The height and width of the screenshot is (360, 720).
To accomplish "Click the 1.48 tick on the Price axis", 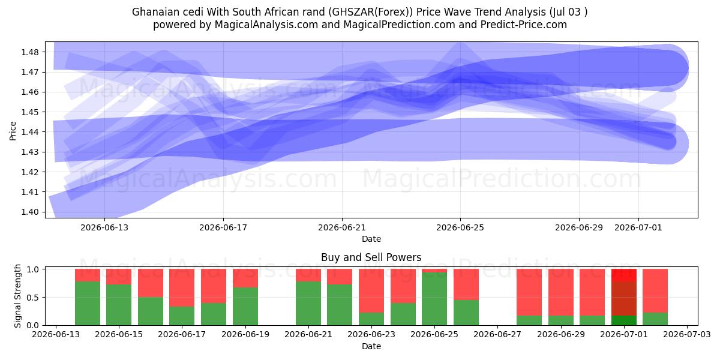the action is coord(29,52).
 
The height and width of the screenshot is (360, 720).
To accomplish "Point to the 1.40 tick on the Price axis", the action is coord(29,212).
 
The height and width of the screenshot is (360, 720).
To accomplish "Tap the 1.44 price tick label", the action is coord(29,132).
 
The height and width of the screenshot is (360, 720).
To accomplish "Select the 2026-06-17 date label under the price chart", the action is coord(223,227).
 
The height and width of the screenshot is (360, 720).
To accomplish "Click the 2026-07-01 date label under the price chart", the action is coord(638,227).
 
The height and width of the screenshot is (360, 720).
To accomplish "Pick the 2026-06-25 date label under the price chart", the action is coord(460,227).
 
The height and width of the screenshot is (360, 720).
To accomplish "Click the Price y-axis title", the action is coord(13,131).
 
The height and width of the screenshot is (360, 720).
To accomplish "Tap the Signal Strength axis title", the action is coord(17,296).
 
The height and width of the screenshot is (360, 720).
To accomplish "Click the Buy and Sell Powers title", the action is coord(371,257).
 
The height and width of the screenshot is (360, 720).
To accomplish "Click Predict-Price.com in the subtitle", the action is coord(524,25).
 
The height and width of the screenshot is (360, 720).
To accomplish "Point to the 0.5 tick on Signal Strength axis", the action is coord(33,298).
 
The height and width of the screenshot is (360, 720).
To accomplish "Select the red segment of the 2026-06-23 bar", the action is coord(371,291).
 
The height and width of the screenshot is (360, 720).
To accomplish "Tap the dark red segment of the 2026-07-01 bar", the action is coord(624,299).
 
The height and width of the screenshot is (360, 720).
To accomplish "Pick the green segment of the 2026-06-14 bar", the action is coord(88,304).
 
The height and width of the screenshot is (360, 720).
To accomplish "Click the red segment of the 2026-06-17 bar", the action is coord(182,288).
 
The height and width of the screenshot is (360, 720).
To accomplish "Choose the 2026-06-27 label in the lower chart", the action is coord(497,334).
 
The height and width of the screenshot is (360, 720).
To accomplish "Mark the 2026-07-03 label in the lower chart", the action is coord(687,334).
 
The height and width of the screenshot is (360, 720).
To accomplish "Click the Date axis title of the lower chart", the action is coord(371,346).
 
